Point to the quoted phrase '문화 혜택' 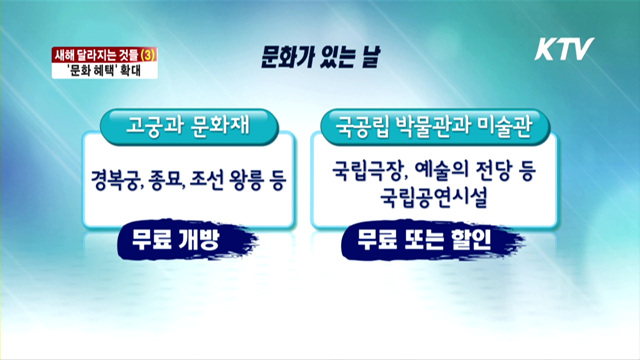tap(101, 71)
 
